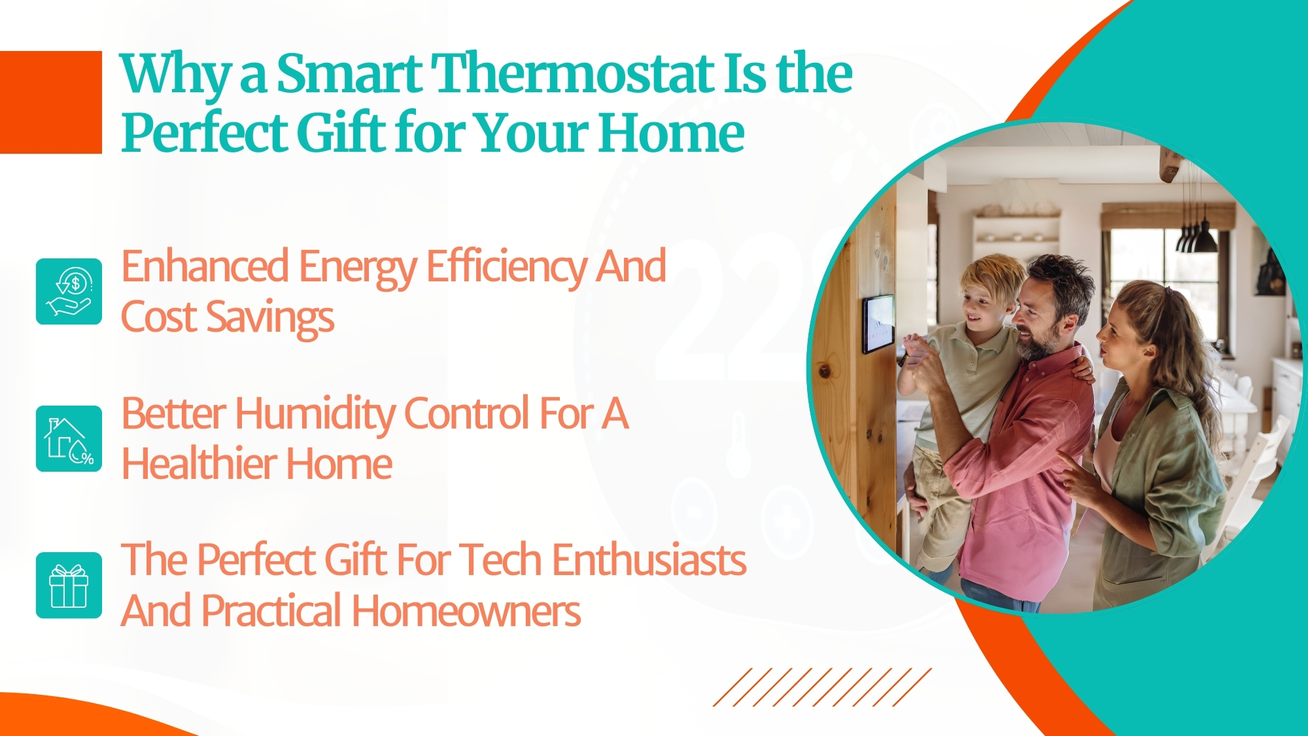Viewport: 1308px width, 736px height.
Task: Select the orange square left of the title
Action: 51,102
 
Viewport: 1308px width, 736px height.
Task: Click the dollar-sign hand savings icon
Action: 69,291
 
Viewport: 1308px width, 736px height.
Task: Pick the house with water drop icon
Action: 69,438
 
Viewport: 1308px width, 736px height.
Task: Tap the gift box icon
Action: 69,586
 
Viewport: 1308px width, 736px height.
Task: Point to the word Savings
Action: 270,319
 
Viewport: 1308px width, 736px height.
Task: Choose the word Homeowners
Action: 466,611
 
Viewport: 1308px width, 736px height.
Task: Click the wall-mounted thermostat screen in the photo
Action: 878,324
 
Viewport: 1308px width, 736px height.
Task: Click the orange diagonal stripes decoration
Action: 822,687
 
